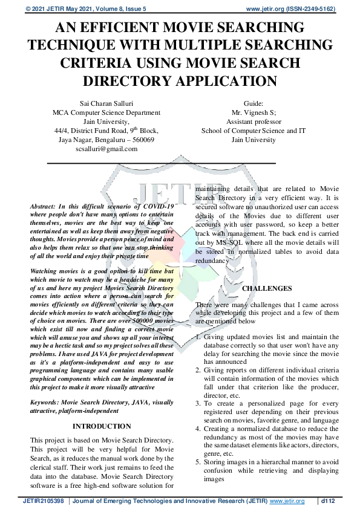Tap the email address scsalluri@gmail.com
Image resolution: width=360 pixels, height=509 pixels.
pos(106,149)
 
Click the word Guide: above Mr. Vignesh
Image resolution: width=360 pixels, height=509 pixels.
pos(254,103)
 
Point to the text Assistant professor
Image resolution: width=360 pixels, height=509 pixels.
pos(254,121)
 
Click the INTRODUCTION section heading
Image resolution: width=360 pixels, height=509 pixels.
pos(102,426)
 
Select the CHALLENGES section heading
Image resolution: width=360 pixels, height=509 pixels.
pos(267,288)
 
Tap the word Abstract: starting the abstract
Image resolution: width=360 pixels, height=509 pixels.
pos(45,207)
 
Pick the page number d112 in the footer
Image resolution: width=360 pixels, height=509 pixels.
pos(328,501)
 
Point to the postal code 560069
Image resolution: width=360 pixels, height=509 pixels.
pos(142,140)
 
